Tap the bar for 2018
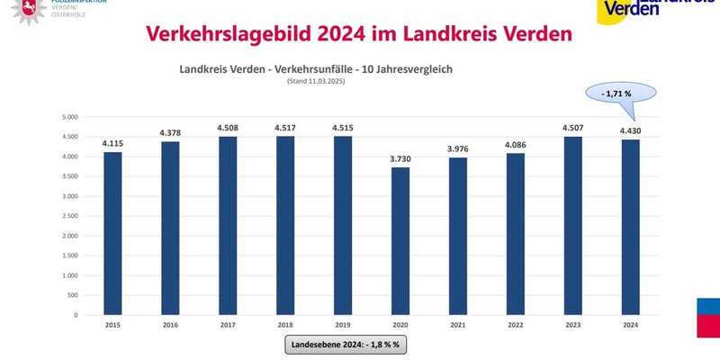coord(284,225)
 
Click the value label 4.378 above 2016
coord(169,132)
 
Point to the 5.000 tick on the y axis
coord(70,117)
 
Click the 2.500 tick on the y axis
coord(70,216)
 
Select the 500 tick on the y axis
coord(74,295)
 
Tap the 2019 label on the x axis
coord(342,325)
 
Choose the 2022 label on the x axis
coord(515,325)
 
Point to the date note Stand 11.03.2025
coord(316,81)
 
